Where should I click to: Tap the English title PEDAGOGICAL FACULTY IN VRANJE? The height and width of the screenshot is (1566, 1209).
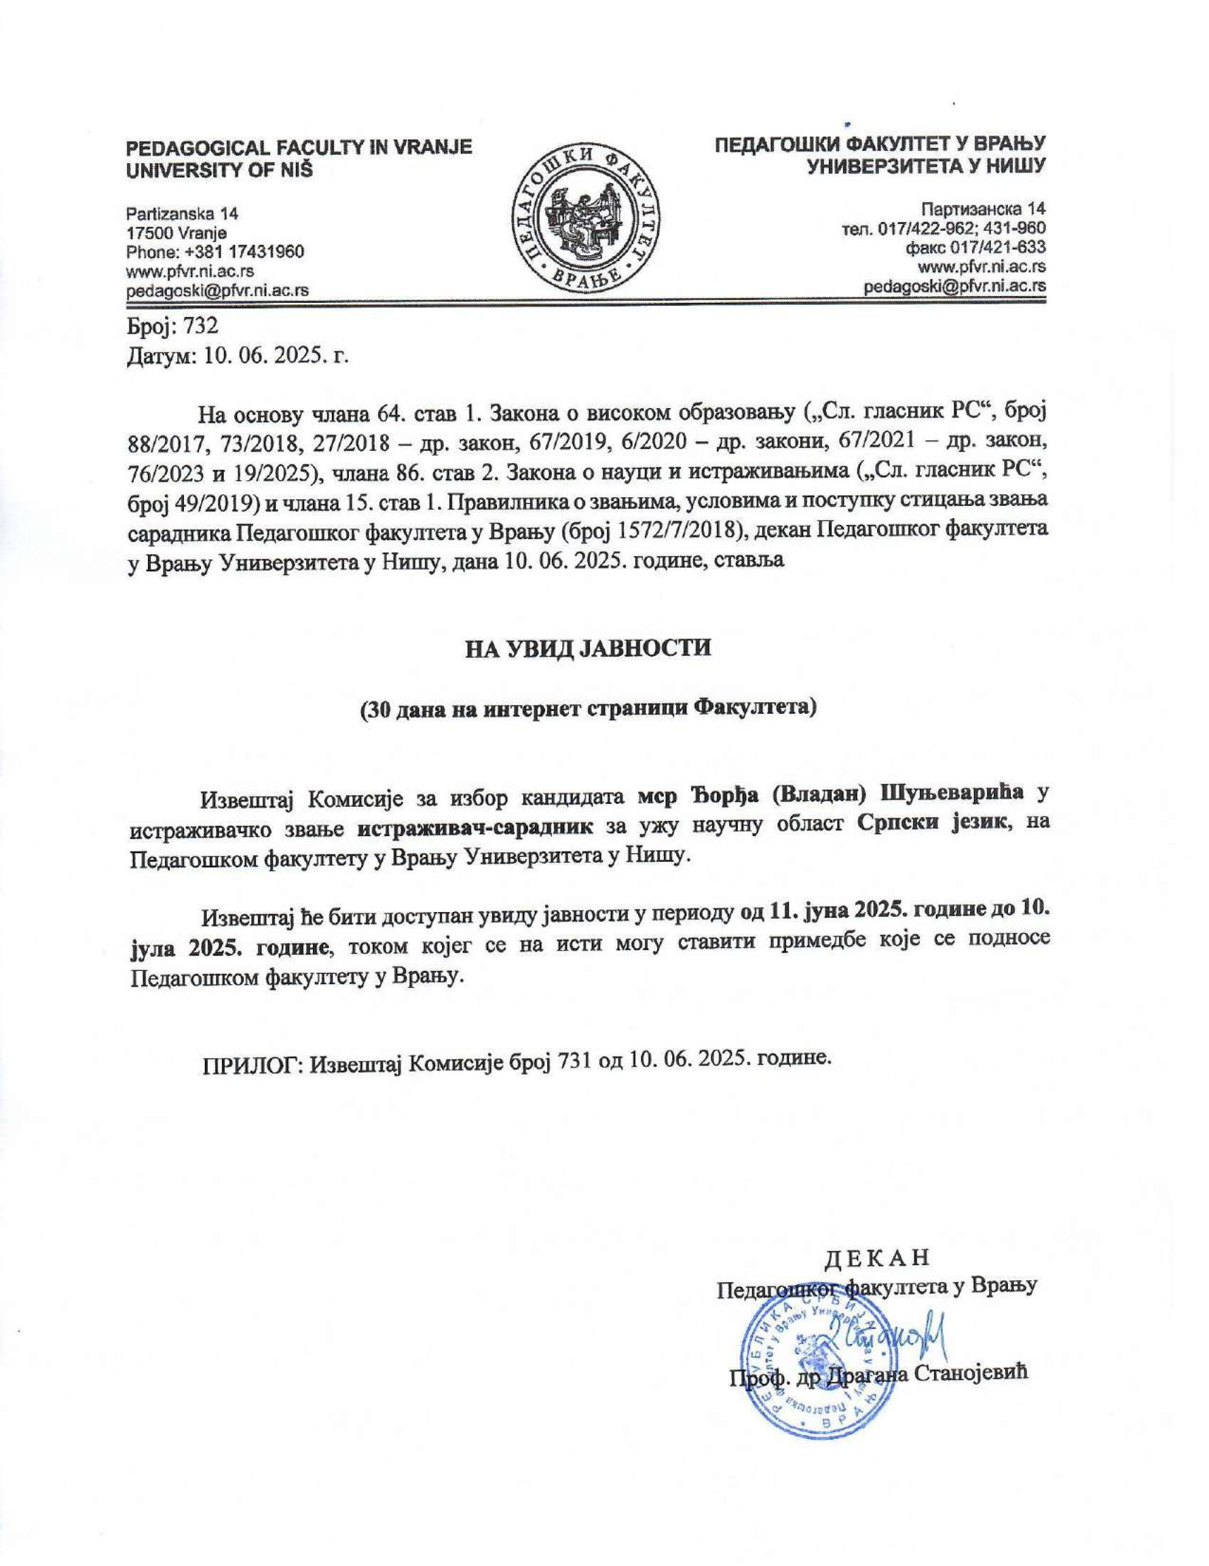pyautogui.click(x=299, y=149)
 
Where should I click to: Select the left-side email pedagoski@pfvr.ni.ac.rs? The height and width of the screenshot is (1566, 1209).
pyautogui.click(x=217, y=291)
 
